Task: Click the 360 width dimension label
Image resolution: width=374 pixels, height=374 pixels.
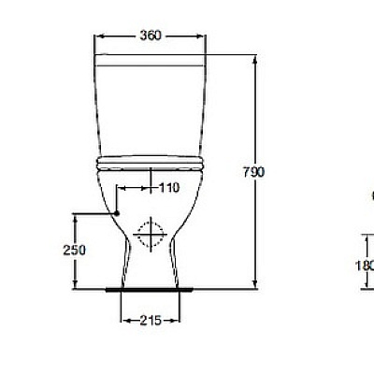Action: point(151,36)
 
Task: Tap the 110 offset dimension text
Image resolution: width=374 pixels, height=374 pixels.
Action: point(168,188)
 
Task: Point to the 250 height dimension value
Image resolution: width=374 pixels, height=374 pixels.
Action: point(75,250)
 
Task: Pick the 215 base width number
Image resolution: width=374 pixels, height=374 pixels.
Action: point(151,321)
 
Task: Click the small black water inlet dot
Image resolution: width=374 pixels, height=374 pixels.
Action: point(118,213)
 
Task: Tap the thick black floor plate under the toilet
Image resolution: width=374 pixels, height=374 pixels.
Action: point(150,289)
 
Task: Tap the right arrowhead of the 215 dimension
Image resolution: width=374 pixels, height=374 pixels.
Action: point(177,321)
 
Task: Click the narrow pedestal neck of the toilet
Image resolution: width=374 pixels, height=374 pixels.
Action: point(150,262)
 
